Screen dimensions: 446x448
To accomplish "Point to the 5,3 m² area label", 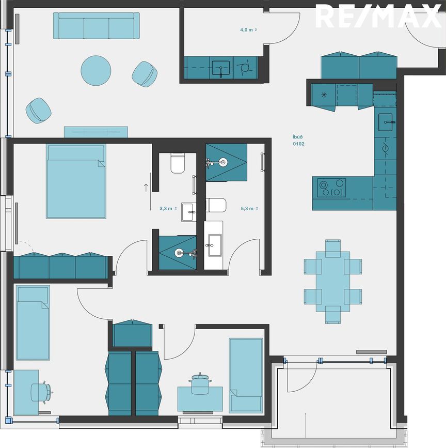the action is [249, 209].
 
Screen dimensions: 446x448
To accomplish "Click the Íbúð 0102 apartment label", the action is [298, 141].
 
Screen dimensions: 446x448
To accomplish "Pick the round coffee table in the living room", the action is [96, 70].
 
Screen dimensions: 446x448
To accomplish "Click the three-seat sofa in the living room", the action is [96, 26].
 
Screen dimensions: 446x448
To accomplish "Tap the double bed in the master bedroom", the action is [76, 181].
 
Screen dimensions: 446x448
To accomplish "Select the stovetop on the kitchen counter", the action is [331, 188].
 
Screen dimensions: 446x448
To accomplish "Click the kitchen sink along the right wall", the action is [385, 122].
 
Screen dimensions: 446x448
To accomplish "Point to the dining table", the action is [333, 282].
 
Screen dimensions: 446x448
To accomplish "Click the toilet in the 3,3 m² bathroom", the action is [178, 163].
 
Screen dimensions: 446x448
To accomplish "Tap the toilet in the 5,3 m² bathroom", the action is [216, 205].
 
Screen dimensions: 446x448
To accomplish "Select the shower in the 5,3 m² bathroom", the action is [226, 162].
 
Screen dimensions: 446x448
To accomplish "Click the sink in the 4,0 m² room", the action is [220, 68].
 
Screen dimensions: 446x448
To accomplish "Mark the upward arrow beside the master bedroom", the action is [146, 188].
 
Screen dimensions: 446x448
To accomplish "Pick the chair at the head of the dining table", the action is [333, 248].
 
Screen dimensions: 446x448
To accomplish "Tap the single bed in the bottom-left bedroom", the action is [33, 322].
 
